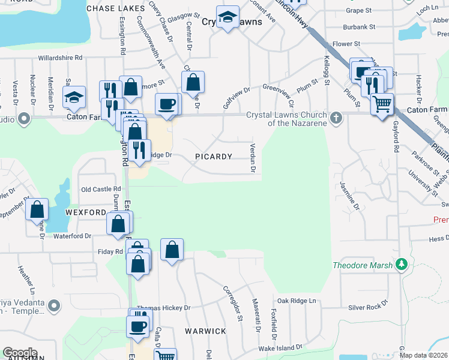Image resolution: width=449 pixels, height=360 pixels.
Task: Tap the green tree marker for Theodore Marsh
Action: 402,264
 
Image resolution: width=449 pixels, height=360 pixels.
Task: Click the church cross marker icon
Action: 337,117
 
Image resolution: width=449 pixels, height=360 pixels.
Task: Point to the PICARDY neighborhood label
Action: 214,157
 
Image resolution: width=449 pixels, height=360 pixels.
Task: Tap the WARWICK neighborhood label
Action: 205,331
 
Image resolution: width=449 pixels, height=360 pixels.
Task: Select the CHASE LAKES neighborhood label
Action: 116,8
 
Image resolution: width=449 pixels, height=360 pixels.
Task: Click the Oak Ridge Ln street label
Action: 295,301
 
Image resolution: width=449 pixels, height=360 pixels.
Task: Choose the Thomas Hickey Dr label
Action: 163,308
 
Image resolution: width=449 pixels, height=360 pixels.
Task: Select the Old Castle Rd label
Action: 101,189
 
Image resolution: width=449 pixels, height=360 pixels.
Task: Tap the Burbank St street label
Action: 359,27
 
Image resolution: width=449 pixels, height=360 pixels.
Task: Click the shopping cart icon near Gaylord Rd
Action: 382,104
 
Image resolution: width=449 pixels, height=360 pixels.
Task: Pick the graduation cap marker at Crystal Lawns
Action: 228,18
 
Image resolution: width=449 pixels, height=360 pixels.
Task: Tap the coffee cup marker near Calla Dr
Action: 138,326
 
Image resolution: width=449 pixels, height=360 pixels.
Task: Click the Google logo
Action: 20,353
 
